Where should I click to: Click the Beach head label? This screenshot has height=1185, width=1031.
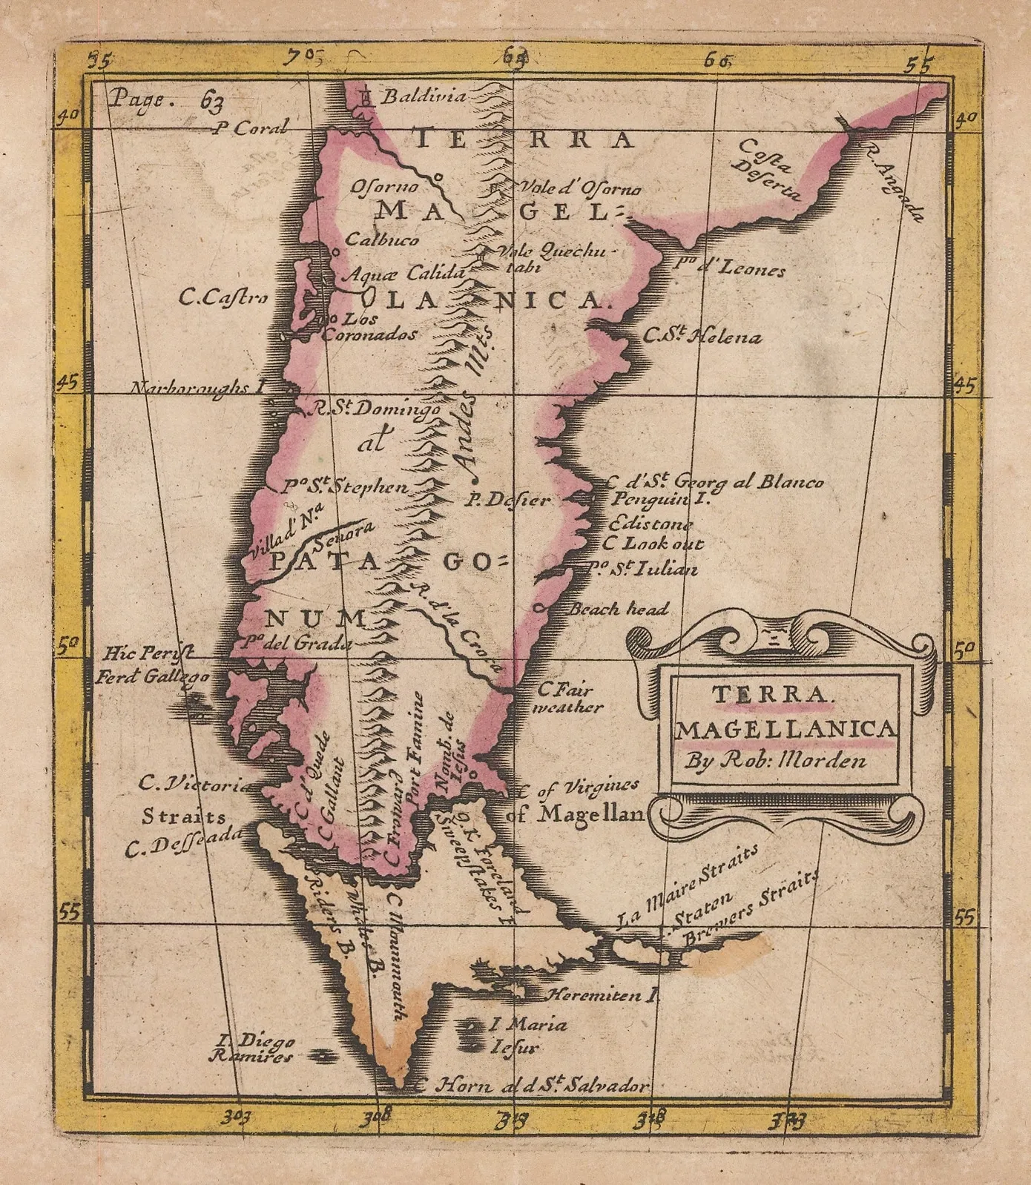(x=618, y=609)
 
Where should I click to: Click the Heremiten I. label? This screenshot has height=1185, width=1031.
(x=602, y=995)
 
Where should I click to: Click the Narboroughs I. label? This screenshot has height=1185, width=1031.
(x=198, y=388)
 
